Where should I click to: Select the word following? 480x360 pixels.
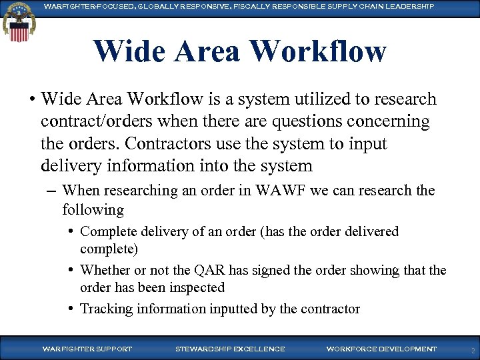pos(93,209)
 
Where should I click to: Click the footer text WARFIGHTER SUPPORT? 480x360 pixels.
pos(87,349)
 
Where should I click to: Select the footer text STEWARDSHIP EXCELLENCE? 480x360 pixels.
pos(229,349)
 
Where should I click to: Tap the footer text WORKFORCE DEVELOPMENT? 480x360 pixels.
pos(381,349)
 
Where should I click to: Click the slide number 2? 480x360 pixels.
pos(472,349)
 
